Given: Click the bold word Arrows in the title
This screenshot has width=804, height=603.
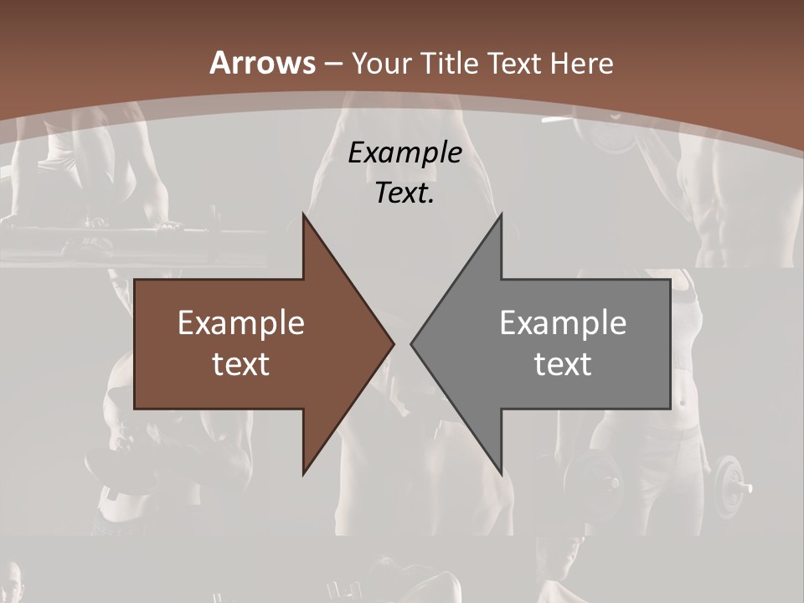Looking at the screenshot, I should point(262,63).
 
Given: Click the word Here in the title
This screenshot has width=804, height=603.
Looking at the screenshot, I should point(584,63).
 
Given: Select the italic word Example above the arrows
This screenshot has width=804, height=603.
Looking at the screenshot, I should point(405,152).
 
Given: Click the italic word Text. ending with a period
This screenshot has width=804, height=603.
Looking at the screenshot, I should point(405,193).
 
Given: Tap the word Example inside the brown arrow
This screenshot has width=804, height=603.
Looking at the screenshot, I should point(241,322).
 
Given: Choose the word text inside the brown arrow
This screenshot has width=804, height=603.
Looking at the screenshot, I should point(241,364).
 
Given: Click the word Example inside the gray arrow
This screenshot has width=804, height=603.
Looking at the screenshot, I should point(563,322).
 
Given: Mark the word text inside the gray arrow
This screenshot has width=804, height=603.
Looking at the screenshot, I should point(563,364).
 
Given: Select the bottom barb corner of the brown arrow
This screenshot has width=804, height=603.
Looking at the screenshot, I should point(304,472).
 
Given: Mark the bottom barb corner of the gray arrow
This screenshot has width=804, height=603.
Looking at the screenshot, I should point(501,472).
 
